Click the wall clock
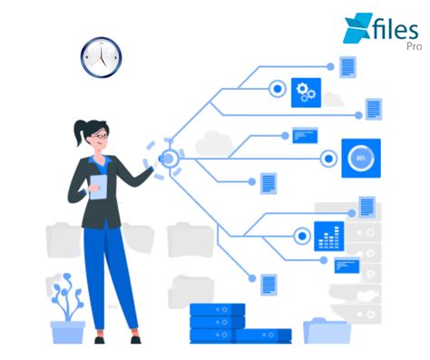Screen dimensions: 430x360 click(x=100, y=57)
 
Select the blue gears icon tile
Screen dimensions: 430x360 click(x=306, y=92)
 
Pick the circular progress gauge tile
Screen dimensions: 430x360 click(x=360, y=158)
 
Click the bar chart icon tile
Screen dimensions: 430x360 click(x=327, y=235)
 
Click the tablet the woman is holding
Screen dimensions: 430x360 click(x=98, y=187)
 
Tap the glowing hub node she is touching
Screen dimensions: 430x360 click(x=168, y=159)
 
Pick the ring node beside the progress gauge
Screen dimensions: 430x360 click(x=328, y=159)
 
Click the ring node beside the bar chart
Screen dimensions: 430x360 click(x=301, y=236)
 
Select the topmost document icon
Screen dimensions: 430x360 click(x=347, y=65)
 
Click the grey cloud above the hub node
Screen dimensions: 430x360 click(x=214, y=141)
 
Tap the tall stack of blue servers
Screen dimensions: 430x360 click(x=217, y=322)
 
